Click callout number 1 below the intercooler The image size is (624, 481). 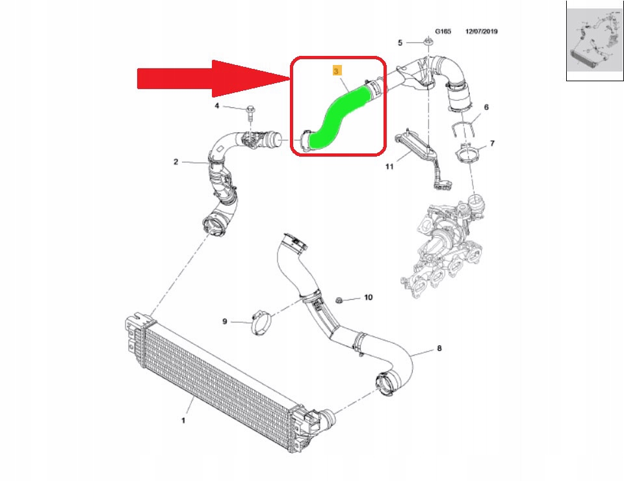[183, 421]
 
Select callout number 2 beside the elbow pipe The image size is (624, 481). [175, 162]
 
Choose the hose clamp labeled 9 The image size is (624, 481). [262, 321]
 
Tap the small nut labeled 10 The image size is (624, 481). [339, 299]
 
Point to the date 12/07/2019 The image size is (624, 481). [486, 31]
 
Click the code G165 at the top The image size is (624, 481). [443, 31]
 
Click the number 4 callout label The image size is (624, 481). [218, 106]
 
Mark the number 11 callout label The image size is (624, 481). [389, 167]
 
